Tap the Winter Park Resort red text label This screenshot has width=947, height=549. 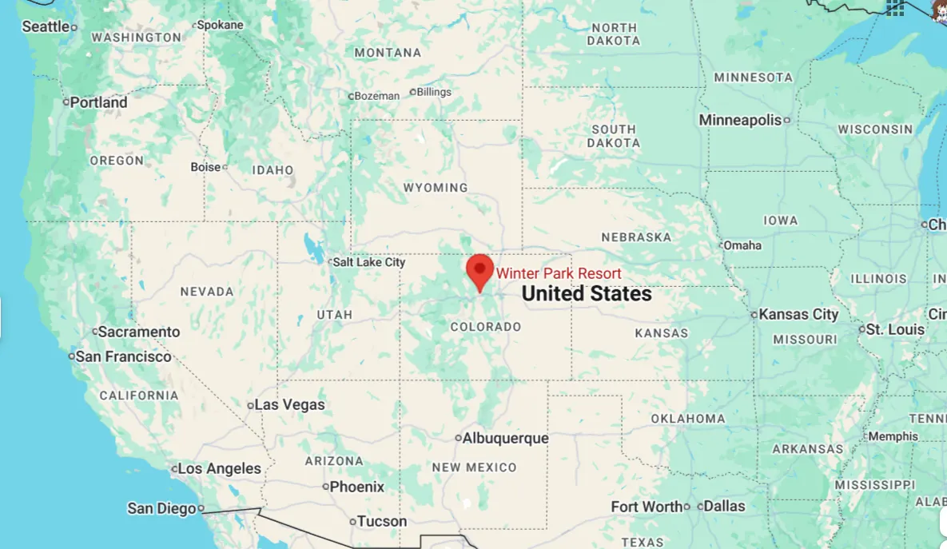coord(559,274)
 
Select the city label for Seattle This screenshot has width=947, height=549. coord(46,26)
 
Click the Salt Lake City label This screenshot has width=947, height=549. coord(369,262)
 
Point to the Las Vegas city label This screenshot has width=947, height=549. coord(289,405)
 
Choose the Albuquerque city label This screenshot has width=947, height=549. coord(506,438)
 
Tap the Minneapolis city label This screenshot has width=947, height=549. coord(740,120)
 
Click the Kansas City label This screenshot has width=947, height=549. coord(798,314)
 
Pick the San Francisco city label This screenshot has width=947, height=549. coord(123,356)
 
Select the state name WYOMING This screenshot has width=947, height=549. coord(436,188)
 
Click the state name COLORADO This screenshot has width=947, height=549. coord(486,327)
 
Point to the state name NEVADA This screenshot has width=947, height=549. coord(207,292)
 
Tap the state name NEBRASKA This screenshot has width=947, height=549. coord(636,237)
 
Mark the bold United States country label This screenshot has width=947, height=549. coord(587,294)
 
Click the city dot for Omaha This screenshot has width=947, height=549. coord(721,245)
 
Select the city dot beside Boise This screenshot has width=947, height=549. coord(225,167)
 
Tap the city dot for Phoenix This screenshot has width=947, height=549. coord(326,487)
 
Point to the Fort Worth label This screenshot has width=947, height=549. coord(647,507)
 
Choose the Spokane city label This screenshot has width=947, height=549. coord(220,25)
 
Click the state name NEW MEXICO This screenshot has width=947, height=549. coord(474,467)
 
